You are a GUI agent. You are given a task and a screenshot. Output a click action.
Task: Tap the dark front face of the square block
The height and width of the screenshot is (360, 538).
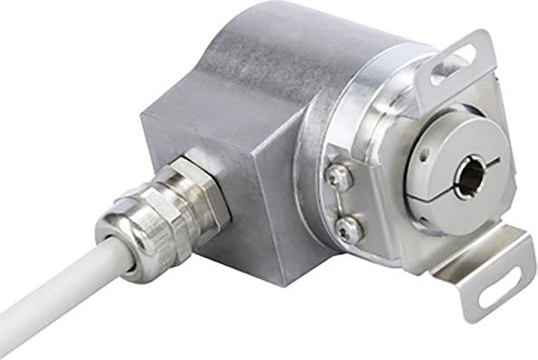click(x=253, y=217)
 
